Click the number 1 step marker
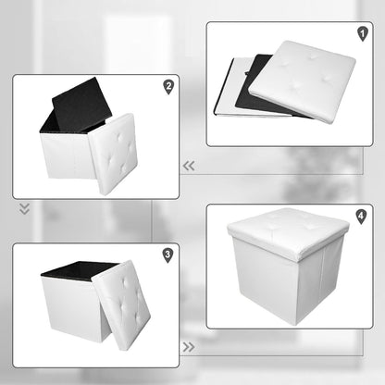[x=363, y=33]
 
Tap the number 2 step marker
[x=168, y=87]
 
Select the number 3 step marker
[x=168, y=255]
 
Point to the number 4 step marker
[x=361, y=217]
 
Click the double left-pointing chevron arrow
[x=189, y=166]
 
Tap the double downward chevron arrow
[x=24, y=209]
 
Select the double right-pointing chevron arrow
[x=189, y=347]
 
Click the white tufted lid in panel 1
[x=303, y=81]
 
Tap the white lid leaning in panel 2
[x=114, y=154]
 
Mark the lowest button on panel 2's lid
[x=124, y=169]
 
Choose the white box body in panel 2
[x=67, y=155]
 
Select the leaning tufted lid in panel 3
[x=121, y=304]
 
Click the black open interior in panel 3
[x=80, y=268]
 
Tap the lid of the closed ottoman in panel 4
[x=288, y=231]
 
